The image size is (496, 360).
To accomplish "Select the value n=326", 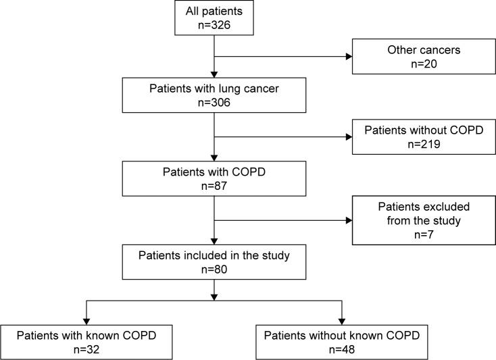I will tap(214, 26).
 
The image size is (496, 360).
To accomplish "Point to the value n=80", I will tap(214, 269).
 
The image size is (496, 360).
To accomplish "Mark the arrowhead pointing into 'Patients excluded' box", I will tap(349, 220).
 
